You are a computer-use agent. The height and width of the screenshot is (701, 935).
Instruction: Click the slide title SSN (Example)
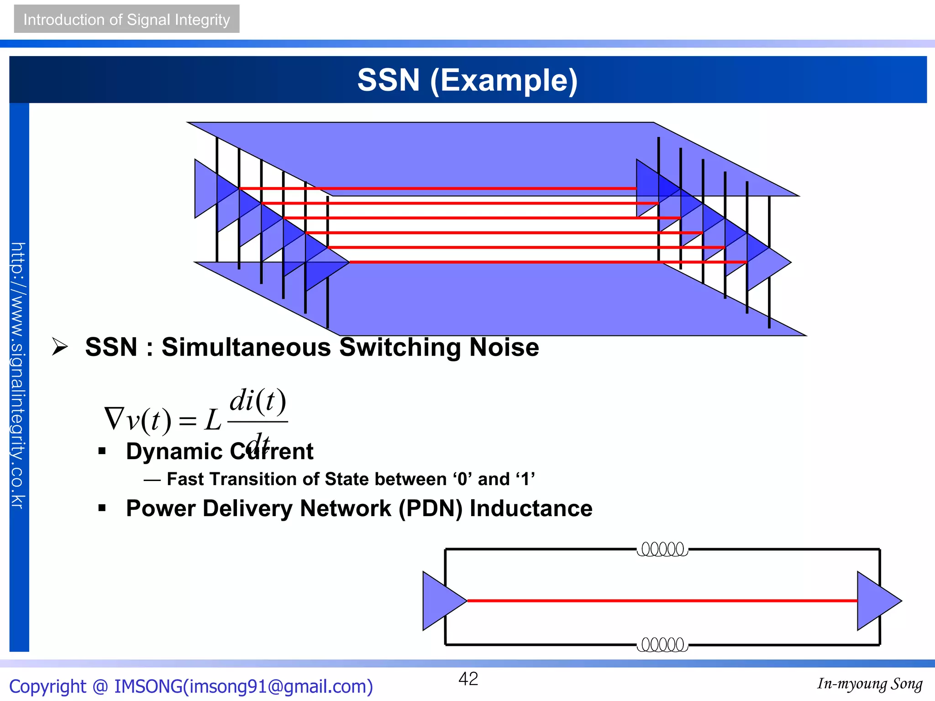tap(467, 80)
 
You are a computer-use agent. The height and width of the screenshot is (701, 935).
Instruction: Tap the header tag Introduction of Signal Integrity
tap(126, 20)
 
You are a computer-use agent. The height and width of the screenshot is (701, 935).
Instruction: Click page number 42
tap(468, 679)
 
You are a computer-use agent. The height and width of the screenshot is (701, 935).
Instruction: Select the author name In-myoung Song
tap(869, 684)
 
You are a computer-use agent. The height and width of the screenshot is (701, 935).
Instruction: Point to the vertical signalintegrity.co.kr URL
tap(18, 374)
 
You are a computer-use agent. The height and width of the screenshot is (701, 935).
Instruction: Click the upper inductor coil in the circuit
tap(662, 549)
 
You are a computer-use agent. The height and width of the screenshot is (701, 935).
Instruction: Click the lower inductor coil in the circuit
tap(662, 645)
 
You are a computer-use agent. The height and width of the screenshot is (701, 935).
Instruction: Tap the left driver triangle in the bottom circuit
tap(441, 601)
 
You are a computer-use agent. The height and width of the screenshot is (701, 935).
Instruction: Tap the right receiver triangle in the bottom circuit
tap(875, 601)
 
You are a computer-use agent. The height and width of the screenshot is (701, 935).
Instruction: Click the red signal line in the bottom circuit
tap(662, 601)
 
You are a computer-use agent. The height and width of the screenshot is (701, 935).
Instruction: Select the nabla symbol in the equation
tap(114, 419)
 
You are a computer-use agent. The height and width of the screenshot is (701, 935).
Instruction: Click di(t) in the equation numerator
tap(257, 401)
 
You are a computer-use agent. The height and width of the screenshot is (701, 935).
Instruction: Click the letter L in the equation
tap(213, 420)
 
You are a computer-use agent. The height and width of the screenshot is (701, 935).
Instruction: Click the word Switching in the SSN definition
tap(400, 347)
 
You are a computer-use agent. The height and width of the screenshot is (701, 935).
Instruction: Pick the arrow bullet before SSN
tap(59, 347)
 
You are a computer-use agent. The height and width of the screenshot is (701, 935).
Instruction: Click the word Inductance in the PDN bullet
tap(531, 508)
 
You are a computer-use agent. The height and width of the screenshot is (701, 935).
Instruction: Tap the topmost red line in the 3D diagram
tap(438, 188)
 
